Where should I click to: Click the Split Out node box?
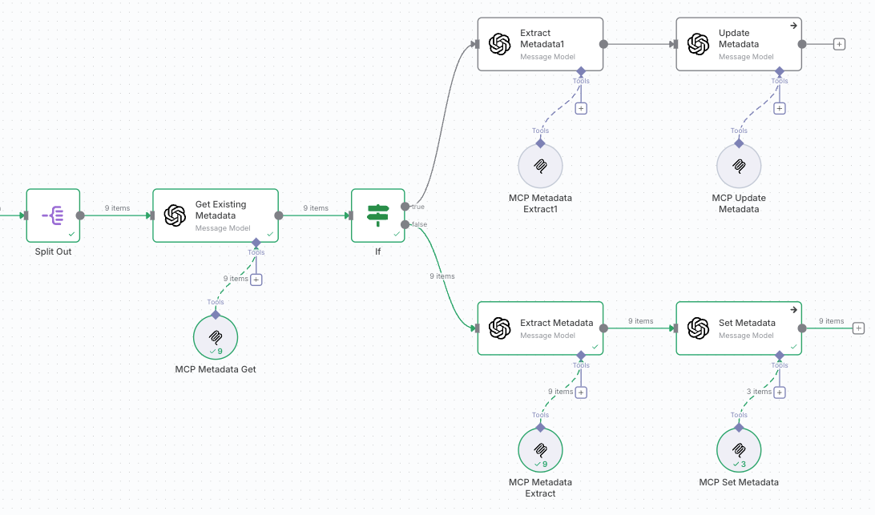click(x=54, y=215)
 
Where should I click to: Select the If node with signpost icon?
click(x=378, y=215)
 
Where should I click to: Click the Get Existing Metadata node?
click(x=216, y=215)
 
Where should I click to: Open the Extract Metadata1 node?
click(x=540, y=45)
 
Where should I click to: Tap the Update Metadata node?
click(x=739, y=45)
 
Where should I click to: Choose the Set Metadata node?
click(x=739, y=328)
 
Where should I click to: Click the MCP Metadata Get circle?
click(x=216, y=337)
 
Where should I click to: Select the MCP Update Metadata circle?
click(x=739, y=167)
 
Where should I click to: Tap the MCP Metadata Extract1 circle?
click(x=540, y=167)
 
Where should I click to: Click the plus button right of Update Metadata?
click(x=839, y=44)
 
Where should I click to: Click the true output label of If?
click(x=418, y=207)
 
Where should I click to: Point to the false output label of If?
click(x=419, y=224)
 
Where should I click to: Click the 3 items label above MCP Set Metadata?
click(x=758, y=392)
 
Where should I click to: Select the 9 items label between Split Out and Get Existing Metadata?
click(x=117, y=208)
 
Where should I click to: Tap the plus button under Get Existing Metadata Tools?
click(x=256, y=280)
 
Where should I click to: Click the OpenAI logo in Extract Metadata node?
click(x=500, y=328)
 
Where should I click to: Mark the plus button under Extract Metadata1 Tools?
click(x=581, y=108)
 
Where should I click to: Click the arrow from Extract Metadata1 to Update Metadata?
click(x=641, y=45)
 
